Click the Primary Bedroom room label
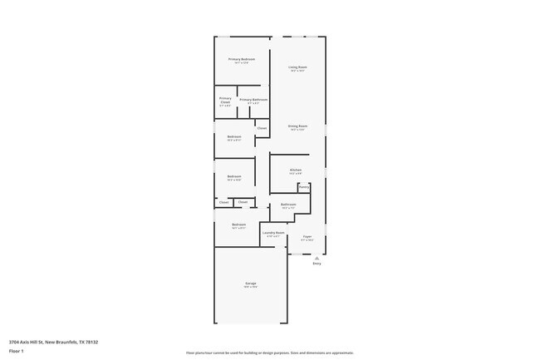242,59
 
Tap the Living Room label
297,67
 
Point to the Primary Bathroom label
253,100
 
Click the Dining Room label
297,126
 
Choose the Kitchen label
296,170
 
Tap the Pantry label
304,187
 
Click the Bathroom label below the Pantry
288,204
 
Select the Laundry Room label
273,233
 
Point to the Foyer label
307,237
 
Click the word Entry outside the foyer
317,264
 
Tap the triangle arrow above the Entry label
317,257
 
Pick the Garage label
250,284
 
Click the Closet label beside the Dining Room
262,128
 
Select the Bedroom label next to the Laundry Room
238,224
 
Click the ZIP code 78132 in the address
91,342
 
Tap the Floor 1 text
17,352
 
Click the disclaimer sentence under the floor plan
270,353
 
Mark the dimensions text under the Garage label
250,288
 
